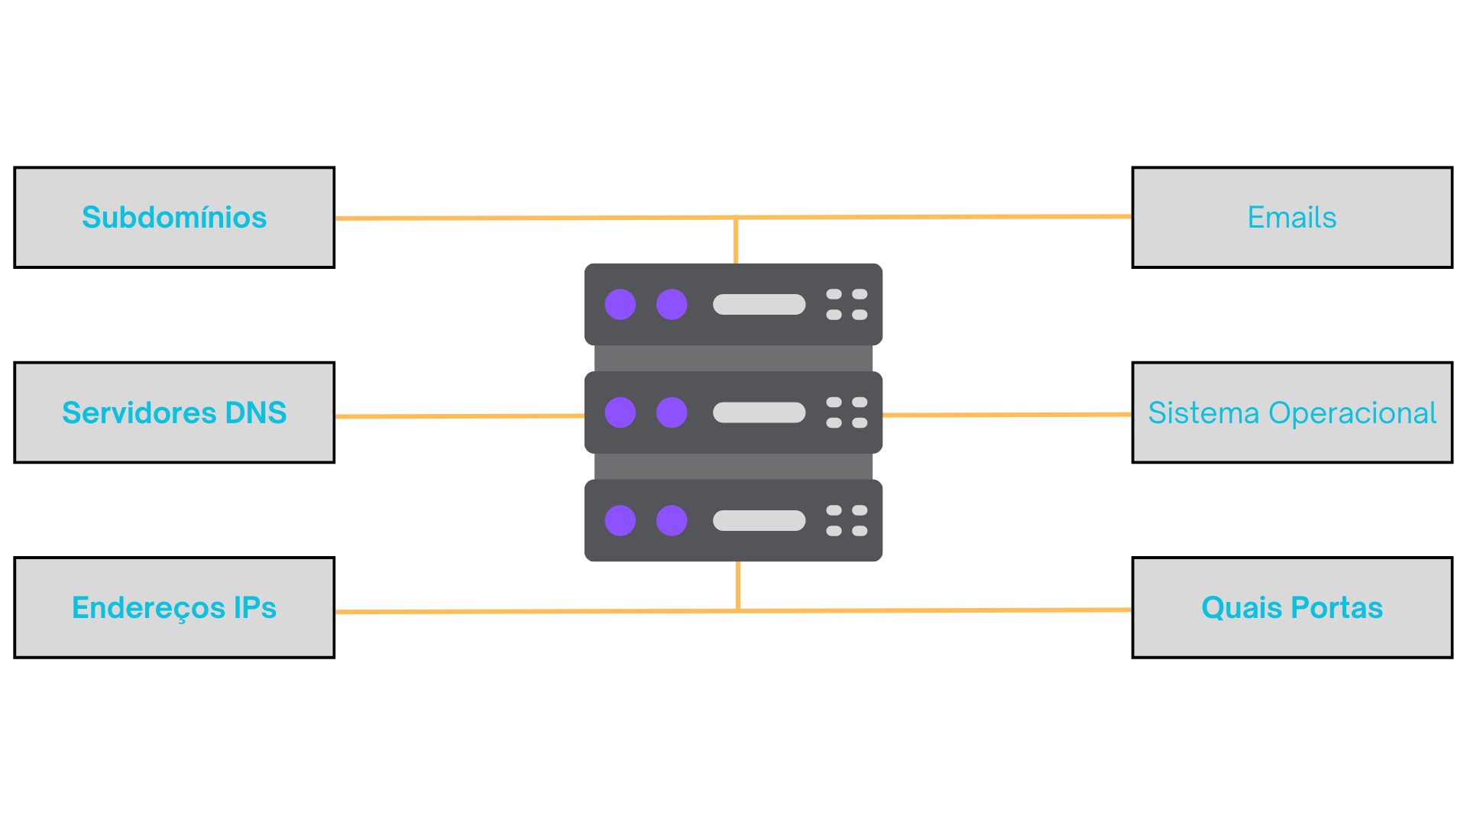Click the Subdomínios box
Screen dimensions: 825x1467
tap(174, 218)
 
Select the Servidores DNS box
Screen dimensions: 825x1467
tap(174, 412)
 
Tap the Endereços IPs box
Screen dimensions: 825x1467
tap(174, 608)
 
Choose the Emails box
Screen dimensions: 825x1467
tap(1292, 218)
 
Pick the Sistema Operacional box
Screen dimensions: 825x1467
tap(1292, 412)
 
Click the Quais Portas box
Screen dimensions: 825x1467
tap(1292, 608)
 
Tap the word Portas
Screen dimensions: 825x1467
tap(1336, 608)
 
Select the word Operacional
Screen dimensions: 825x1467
tap(1352, 412)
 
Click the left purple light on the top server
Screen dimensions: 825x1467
tap(620, 304)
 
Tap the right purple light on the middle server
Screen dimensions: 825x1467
tap(672, 412)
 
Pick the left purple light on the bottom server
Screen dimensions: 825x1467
tap(620, 520)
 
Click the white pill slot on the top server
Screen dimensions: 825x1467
tap(759, 304)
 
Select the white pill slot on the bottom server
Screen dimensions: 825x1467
tap(759, 520)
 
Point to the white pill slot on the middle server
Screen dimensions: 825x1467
tap(759, 412)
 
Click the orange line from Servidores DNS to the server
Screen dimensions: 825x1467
tap(458, 416)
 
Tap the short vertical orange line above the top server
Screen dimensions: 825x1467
tap(736, 241)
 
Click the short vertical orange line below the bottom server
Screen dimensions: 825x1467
tap(738, 585)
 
